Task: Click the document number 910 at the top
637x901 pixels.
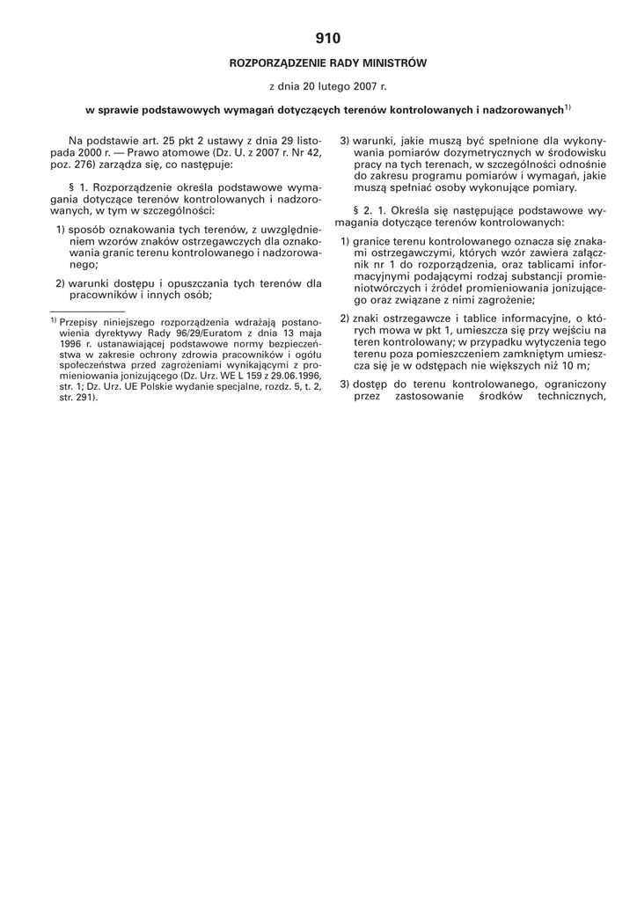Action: point(327,38)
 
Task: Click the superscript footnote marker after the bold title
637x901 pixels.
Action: point(567,108)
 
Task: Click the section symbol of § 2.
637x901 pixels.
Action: point(355,211)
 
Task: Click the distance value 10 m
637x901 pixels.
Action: point(574,365)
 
